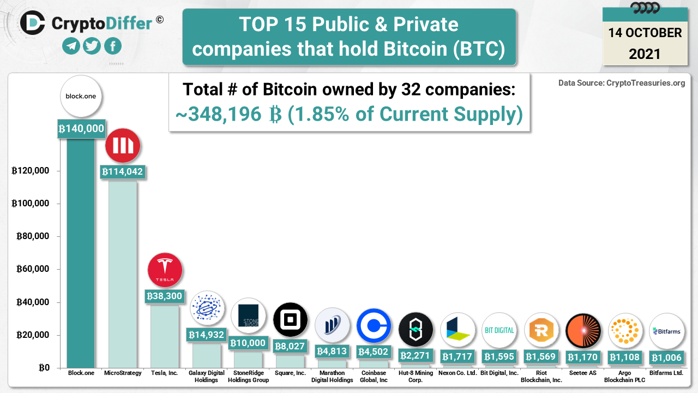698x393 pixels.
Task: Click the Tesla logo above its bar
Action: [165, 270]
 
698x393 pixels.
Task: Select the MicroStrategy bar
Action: [123, 273]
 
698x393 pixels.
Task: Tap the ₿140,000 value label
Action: [81, 129]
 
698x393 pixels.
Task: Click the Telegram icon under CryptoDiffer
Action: [71, 46]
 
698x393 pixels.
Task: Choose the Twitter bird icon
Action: [92, 46]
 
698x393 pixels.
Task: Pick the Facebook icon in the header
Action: [112, 46]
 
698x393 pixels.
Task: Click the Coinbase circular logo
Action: [374, 326]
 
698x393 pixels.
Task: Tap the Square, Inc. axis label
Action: [290, 373]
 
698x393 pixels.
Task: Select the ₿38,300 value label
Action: [164, 296]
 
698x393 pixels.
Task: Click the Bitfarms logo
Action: [666, 331]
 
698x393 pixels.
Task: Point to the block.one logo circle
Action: [81, 96]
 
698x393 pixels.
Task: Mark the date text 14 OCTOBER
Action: [645, 33]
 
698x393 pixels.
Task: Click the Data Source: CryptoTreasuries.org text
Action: [622, 83]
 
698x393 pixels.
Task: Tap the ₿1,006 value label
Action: [666, 358]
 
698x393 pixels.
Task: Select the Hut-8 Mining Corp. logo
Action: [416, 330]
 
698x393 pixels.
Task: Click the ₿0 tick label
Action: [44, 368]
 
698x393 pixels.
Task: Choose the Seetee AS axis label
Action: [582, 373]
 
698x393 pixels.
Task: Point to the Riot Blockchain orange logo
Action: [541, 330]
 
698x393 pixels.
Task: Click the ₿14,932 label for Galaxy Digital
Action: [206, 335]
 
